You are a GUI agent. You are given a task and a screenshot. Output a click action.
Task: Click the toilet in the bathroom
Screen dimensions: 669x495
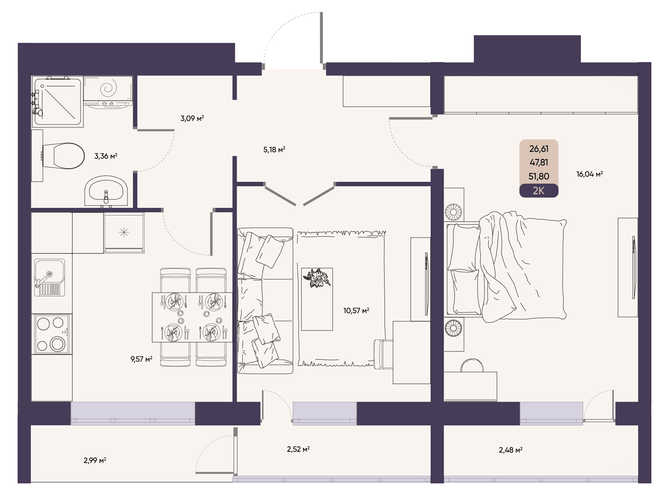(62, 156)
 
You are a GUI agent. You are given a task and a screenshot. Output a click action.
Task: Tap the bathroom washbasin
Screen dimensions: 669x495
(106, 191)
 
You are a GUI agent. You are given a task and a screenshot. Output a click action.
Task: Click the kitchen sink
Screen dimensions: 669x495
(49, 277)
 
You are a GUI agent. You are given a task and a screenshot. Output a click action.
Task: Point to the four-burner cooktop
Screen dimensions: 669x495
(52, 334)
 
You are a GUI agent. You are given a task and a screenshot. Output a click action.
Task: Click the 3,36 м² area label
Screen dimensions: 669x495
(106, 156)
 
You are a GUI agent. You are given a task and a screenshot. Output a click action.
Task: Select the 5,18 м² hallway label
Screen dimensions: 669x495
(274, 149)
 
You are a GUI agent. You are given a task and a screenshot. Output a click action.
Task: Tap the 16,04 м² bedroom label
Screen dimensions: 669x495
(589, 174)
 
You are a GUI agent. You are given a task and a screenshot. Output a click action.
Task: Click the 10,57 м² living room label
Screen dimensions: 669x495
(356, 310)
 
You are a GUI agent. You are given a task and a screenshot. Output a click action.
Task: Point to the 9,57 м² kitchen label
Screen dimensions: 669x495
(141, 359)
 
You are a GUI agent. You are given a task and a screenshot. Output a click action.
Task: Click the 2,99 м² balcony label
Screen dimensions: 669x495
(95, 460)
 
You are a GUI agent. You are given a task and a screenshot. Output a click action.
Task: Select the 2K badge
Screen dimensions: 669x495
(539, 191)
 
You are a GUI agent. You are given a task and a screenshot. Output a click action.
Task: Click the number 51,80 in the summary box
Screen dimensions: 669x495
(539, 176)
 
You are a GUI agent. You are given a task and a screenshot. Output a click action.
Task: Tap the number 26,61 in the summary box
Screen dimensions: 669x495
(539, 149)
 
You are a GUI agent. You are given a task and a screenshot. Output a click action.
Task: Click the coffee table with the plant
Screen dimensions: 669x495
(317, 299)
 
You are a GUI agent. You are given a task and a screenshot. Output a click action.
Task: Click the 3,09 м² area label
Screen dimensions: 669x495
(192, 118)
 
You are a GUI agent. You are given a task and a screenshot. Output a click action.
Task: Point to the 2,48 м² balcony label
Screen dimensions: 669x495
(510, 450)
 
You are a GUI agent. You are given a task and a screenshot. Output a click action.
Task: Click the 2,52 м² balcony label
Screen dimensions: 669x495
(298, 449)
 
